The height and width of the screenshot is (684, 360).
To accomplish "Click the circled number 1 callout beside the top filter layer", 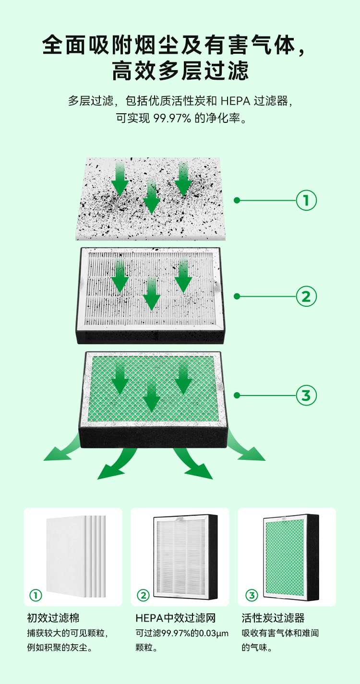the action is [x=306, y=200].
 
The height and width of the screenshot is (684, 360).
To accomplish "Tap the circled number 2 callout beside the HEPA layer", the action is [x=306, y=296].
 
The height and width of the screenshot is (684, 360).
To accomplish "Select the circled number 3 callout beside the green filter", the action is [x=306, y=396].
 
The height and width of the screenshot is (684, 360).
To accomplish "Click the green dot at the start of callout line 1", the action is [x=237, y=200].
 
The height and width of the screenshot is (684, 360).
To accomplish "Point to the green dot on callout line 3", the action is [x=237, y=396].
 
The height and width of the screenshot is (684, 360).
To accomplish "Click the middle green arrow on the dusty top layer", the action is [x=152, y=197].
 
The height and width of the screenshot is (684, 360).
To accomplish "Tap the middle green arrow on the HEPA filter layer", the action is [x=152, y=293].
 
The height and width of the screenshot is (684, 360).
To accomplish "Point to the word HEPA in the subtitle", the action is [x=235, y=101].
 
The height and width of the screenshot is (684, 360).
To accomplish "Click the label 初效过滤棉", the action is [x=53, y=618].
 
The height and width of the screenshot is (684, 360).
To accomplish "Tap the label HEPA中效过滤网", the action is [x=176, y=618].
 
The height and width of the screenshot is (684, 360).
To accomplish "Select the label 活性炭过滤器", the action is [x=273, y=618].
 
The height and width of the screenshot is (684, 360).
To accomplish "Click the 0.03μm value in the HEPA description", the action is [x=214, y=633].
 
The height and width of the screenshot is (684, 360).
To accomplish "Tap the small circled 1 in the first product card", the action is [x=36, y=595].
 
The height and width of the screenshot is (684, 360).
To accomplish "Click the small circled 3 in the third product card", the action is [x=252, y=595].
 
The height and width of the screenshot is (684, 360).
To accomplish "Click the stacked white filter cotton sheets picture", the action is [x=76, y=556].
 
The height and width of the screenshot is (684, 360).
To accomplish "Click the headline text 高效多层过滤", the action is [x=180, y=71].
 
